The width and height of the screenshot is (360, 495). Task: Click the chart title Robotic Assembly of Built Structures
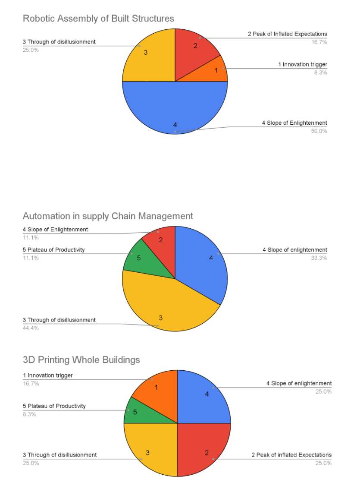click(x=98, y=19)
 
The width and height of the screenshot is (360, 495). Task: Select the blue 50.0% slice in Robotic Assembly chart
click(x=175, y=108)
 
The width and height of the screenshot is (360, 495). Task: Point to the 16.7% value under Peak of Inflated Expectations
click(x=319, y=42)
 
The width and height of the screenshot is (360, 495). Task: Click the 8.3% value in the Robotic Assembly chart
click(x=320, y=73)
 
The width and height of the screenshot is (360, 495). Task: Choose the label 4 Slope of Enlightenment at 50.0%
click(x=294, y=123)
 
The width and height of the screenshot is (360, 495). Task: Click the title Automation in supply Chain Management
click(x=108, y=216)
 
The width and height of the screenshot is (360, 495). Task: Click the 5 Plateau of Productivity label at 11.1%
click(x=54, y=250)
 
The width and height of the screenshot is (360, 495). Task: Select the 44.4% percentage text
click(x=31, y=328)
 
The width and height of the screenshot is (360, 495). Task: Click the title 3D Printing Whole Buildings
click(x=81, y=360)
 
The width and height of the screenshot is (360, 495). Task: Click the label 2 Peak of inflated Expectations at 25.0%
click(x=291, y=455)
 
